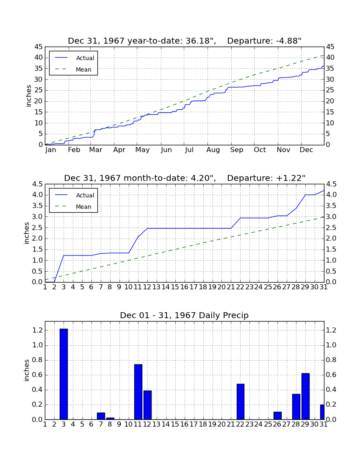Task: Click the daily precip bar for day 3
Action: click(x=64, y=374)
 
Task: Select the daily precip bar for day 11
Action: click(x=138, y=392)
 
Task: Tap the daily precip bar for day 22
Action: click(x=241, y=402)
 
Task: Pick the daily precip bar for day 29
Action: click(x=305, y=397)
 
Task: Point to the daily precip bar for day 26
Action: click(x=277, y=416)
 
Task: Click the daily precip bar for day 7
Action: click(x=101, y=416)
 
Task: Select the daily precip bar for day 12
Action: click(x=148, y=405)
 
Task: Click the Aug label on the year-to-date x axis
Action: click(x=213, y=150)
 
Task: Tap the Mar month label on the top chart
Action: click(x=96, y=150)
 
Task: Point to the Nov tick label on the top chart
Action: click(x=283, y=150)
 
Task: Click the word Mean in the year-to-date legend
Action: click(x=83, y=69)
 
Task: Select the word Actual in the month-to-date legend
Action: click(x=85, y=195)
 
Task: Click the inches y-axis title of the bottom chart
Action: click(x=26, y=370)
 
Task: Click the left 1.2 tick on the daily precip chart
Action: click(x=38, y=330)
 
